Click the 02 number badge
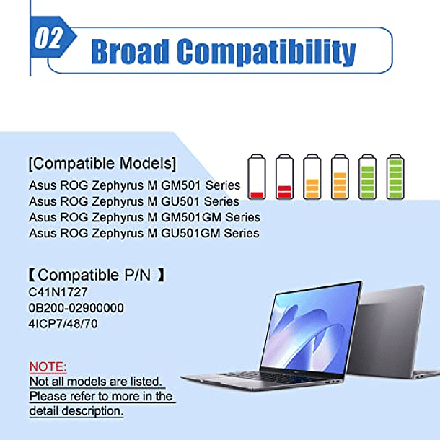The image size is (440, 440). [49, 38]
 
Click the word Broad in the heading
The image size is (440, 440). [131, 51]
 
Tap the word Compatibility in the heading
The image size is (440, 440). [266, 52]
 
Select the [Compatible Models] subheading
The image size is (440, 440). [102, 163]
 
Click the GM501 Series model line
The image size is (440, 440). [135, 185]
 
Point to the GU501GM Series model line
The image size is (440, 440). [144, 234]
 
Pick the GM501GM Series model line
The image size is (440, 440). [144, 217]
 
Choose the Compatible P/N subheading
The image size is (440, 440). [97, 275]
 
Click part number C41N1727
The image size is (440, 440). [58, 292]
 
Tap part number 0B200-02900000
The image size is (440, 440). [76, 308]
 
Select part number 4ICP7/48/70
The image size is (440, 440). [63, 324]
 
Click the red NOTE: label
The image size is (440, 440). [48, 366]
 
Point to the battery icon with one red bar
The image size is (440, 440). [257, 177]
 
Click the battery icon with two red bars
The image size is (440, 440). [284, 177]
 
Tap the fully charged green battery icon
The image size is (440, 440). [395, 177]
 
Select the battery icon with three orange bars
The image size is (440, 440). [312, 177]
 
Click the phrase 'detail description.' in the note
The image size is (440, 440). [76, 411]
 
